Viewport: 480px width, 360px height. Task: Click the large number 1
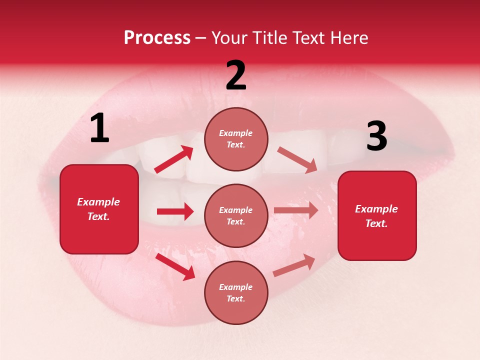pos(99,128)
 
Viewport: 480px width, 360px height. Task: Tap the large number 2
pos(236,75)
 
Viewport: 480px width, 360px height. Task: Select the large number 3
pos(376,136)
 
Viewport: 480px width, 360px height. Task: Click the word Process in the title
pos(157,38)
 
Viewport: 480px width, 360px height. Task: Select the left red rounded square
pos(99,209)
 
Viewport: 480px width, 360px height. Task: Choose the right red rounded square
pos(377,216)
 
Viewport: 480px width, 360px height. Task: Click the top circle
pos(236,139)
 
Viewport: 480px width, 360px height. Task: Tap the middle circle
pos(236,216)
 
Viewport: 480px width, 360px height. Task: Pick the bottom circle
pos(236,293)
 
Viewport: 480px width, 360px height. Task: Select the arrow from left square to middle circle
pos(175,212)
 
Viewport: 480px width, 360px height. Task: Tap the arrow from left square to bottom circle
pos(175,266)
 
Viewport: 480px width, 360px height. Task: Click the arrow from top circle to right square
pos(297,160)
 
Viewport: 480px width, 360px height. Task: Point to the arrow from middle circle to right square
pos(296,210)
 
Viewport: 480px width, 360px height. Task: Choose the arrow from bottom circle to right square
pos(294,265)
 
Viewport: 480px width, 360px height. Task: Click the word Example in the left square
pos(98,202)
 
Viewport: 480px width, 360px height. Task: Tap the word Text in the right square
pos(376,223)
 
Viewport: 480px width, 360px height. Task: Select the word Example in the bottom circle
pos(236,287)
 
